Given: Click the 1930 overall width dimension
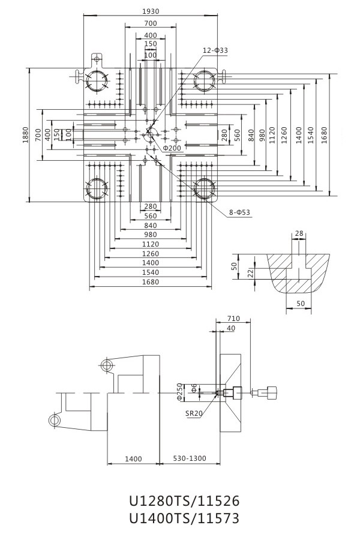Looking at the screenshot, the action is pyautogui.click(x=151, y=11).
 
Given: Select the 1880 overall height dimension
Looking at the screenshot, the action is pyautogui.click(x=25, y=136).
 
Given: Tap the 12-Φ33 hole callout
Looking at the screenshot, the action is pyautogui.click(x=215, y=50).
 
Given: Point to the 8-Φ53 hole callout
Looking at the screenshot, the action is pyautogui.click(x=240, y=212).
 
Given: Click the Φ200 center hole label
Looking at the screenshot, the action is pyautogui.click(x=172, y=148).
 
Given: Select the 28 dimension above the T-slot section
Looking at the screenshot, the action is pyautogui.click(x=299, y=233).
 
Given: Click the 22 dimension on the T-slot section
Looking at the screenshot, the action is pyautogui.click(x=251, y=273).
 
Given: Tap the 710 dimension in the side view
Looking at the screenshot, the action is pyautogui.click(x=233, y=319).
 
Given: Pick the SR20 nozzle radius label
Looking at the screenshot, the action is pyautogui.click(x=194, y=413).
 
